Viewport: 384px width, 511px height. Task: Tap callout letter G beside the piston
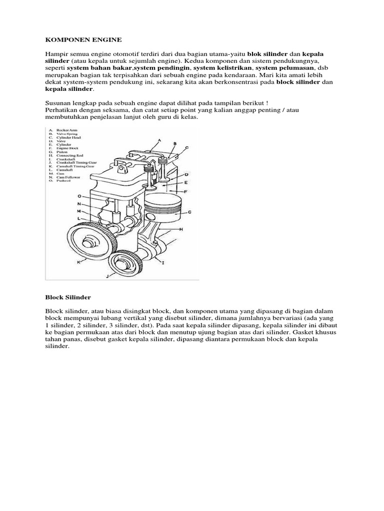pos(189,212)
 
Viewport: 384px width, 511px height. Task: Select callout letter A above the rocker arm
pos(159,141)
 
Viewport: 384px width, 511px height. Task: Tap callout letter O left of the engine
pos(79,196)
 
